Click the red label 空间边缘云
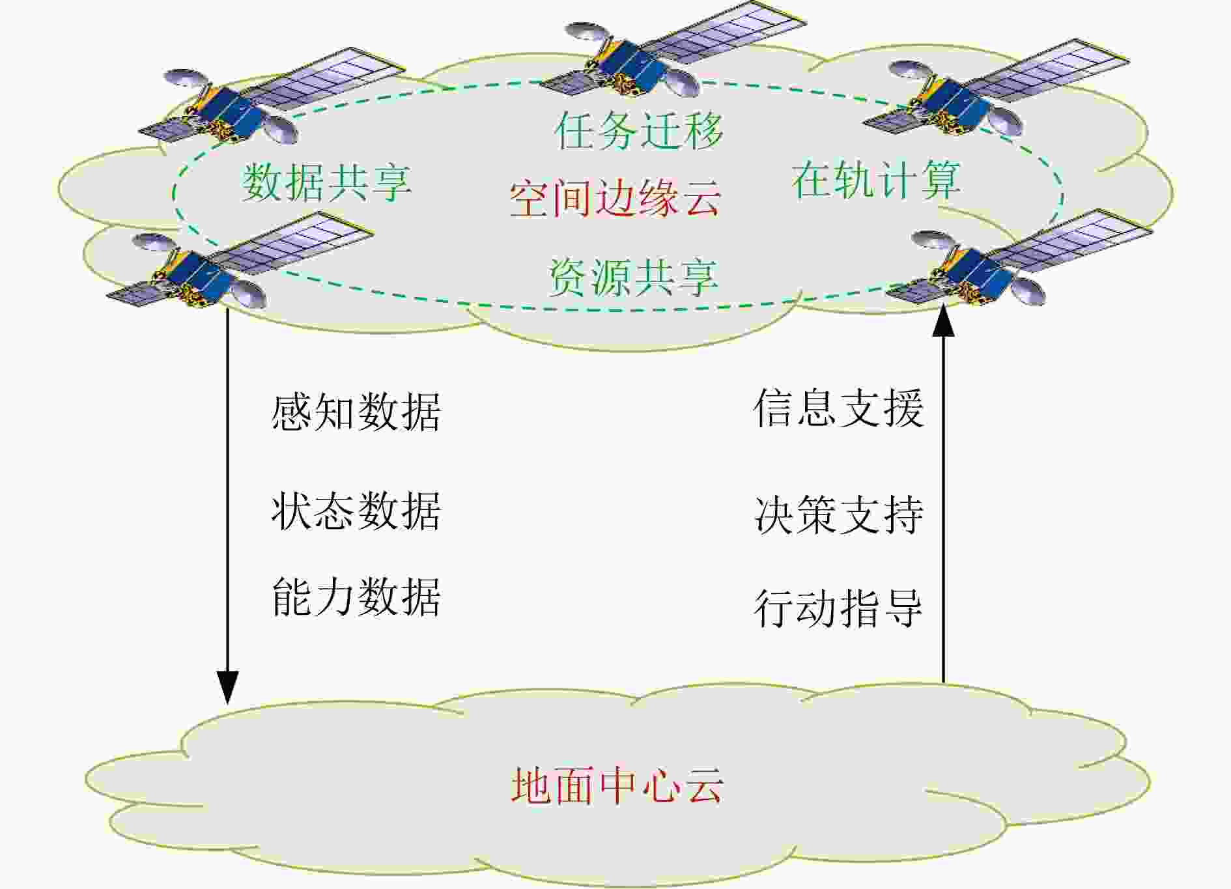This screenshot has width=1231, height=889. pos(615,197)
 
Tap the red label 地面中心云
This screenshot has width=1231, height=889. pos(617,785)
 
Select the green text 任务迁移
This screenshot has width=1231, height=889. pos(639,130)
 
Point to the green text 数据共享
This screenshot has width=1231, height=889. pos(327,182)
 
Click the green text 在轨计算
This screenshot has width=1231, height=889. pos(876,179)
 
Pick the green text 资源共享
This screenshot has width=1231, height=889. pos(633,277)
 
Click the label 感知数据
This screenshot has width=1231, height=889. pos(356,412)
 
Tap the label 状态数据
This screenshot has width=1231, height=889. pos(356,511)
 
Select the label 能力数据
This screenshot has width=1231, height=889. pos(356,597)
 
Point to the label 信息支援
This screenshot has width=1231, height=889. pos(839,408)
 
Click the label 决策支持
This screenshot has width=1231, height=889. pos(839,515)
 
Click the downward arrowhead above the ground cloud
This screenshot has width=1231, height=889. pos(227,687)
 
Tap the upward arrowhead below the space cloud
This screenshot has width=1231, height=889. pos(943,321)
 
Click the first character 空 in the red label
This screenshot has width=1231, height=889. pos(529,197)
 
